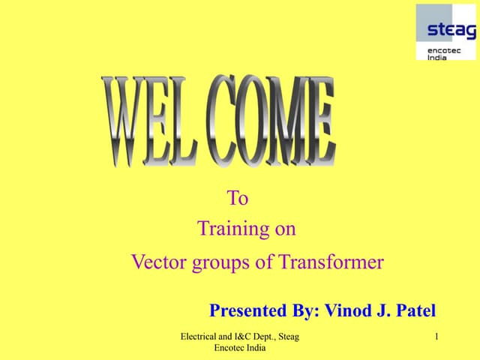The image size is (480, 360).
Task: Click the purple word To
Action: [x=237, y=199]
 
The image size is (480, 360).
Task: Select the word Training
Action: [x=227, y=229]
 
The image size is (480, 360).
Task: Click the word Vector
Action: [x=155, y=262]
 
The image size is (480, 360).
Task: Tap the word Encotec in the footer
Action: [x=232, y=349]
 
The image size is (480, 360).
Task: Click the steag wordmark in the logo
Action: [x=451, y=31]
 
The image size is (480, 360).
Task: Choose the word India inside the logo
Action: [x=437, y=57]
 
